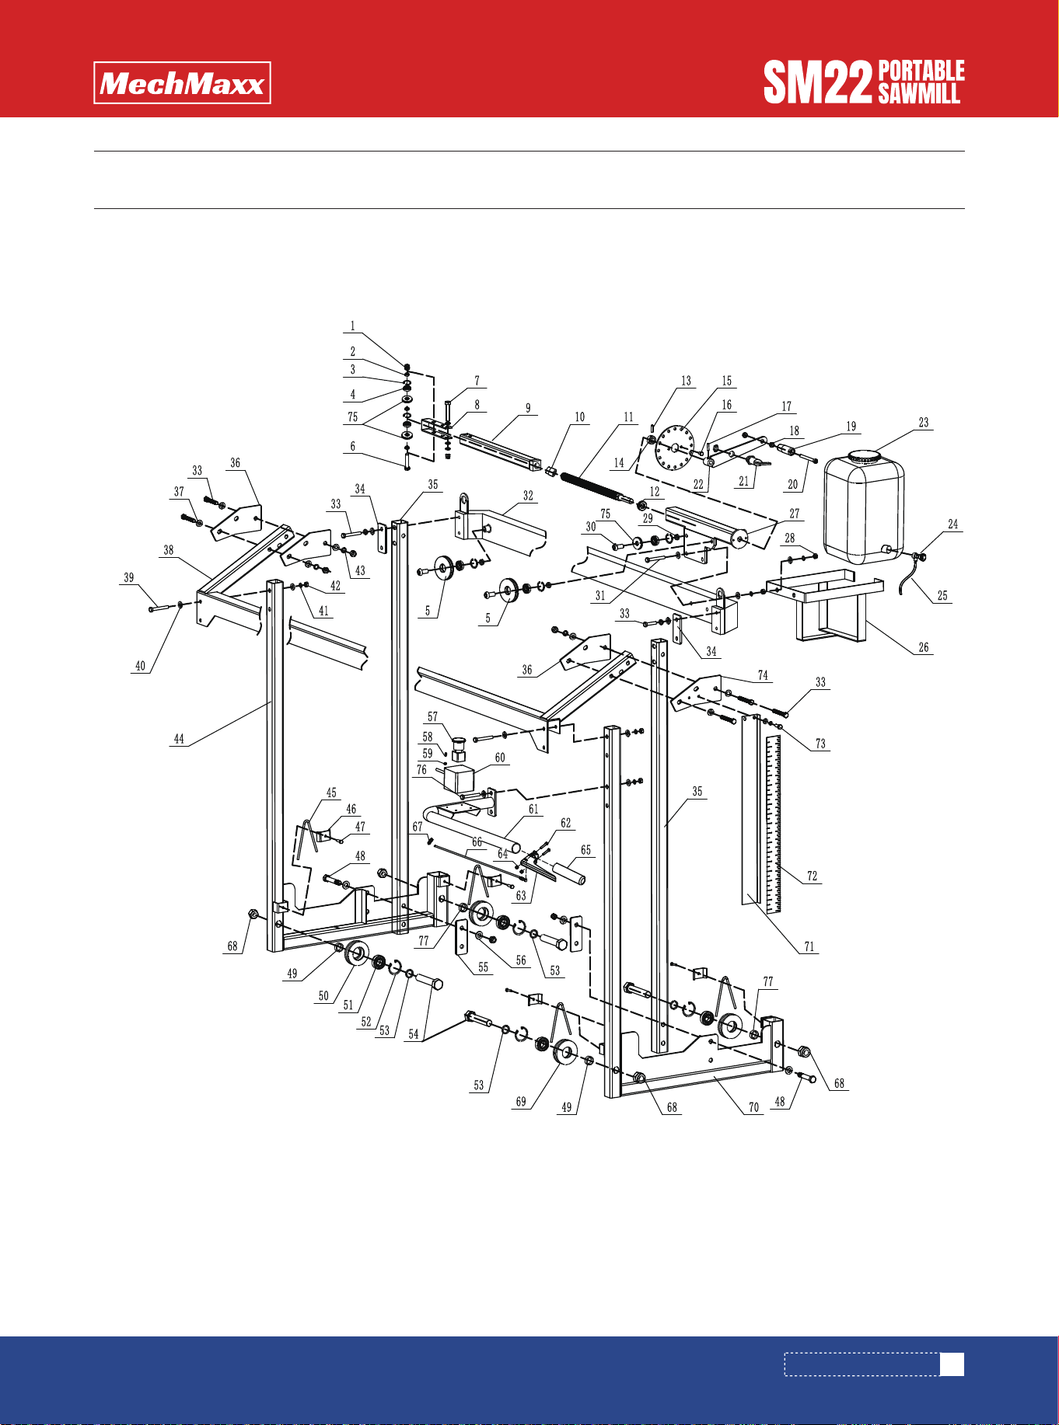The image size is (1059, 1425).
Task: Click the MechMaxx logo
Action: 183,82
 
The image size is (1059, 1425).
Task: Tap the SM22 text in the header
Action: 818,82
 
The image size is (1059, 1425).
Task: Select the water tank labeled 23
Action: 864,506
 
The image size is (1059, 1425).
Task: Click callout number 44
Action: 179,739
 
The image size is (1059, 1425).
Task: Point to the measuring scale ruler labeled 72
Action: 774,824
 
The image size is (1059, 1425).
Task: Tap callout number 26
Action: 924,647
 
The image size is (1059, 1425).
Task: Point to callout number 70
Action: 753,1108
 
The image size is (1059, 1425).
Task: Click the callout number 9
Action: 528,408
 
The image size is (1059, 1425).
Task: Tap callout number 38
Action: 169,550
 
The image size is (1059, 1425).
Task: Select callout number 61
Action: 533,810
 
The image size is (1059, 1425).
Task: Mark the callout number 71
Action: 809,946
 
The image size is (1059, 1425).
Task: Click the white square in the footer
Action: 952,1364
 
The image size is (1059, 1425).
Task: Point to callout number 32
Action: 529,496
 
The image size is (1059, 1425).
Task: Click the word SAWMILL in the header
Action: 920,94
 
